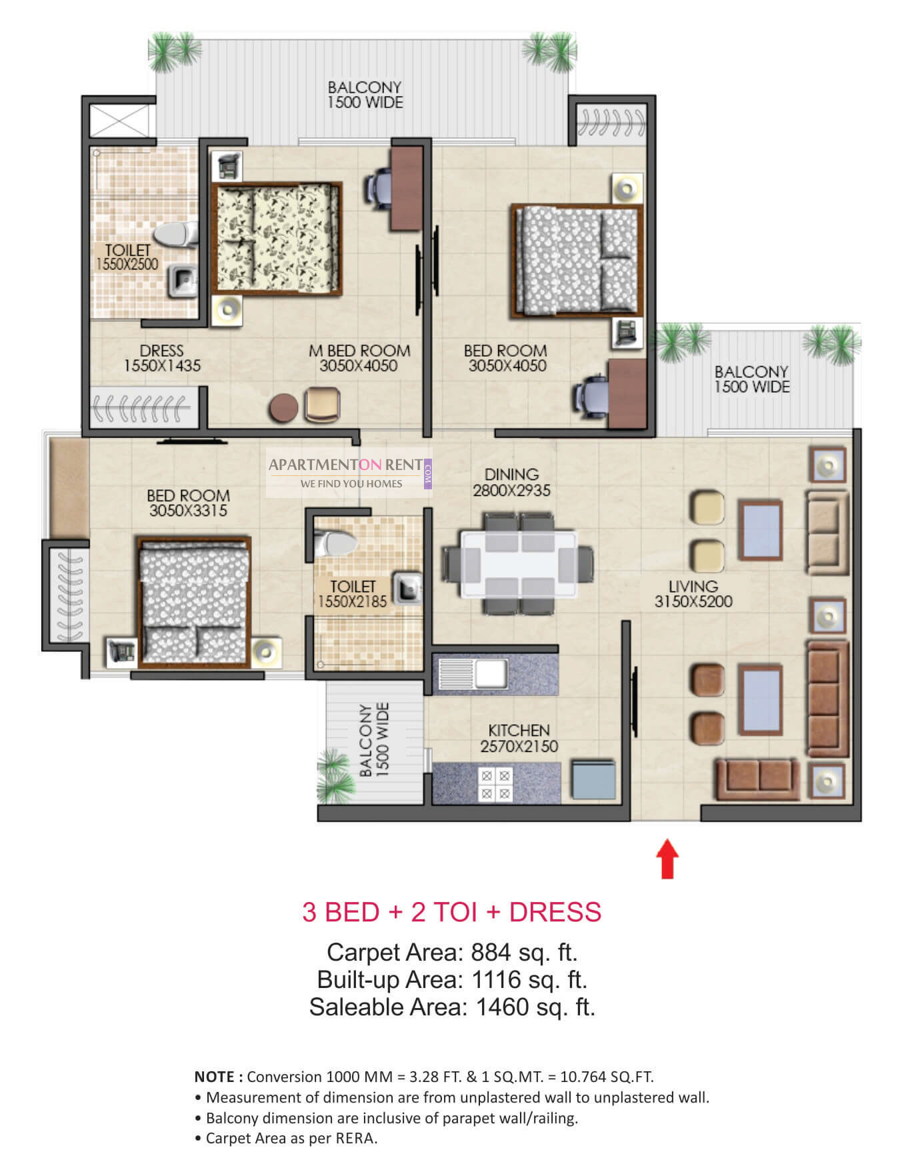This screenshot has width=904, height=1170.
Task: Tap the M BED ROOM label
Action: coord(359,351)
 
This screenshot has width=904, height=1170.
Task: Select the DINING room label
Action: coord(511,475)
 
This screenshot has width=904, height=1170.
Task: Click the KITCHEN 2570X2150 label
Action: coord(519,739)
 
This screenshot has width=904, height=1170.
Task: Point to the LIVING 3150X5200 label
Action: coord(693,594)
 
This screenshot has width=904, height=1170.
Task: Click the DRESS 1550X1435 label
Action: coord(162,358)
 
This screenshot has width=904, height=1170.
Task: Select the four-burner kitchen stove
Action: coord(495,783)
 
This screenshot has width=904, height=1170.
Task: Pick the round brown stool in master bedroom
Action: coord(283,407)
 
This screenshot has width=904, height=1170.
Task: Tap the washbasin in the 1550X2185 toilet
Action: coord(407,589)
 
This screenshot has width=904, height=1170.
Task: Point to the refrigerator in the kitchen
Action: coord(593,779)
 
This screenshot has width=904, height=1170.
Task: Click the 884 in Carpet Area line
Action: coord(491,952)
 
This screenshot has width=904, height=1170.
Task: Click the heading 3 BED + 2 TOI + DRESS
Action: coord(452,911)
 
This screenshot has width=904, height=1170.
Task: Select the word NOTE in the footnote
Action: coord(214,1077)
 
